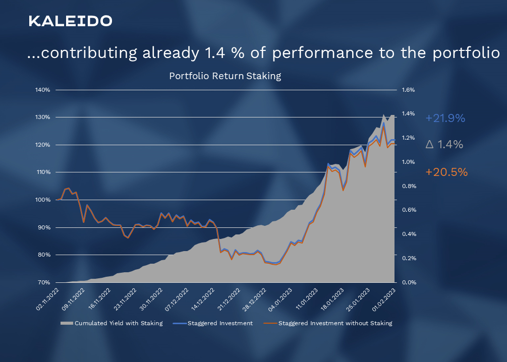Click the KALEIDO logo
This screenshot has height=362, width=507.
[70, 21]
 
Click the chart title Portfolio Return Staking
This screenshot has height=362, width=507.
[224, 77]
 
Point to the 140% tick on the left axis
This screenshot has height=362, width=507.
[43, 90]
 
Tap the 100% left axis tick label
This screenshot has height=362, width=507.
[43, 200]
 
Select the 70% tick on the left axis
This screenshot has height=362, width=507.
[44, 282]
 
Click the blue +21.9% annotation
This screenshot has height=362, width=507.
[445, 118]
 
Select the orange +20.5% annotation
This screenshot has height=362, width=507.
[446, 172]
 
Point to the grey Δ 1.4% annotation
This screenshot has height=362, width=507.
[444, 145]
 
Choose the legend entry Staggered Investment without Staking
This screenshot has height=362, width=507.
[335, 323]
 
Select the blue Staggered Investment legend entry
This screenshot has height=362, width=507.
[220, 323]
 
